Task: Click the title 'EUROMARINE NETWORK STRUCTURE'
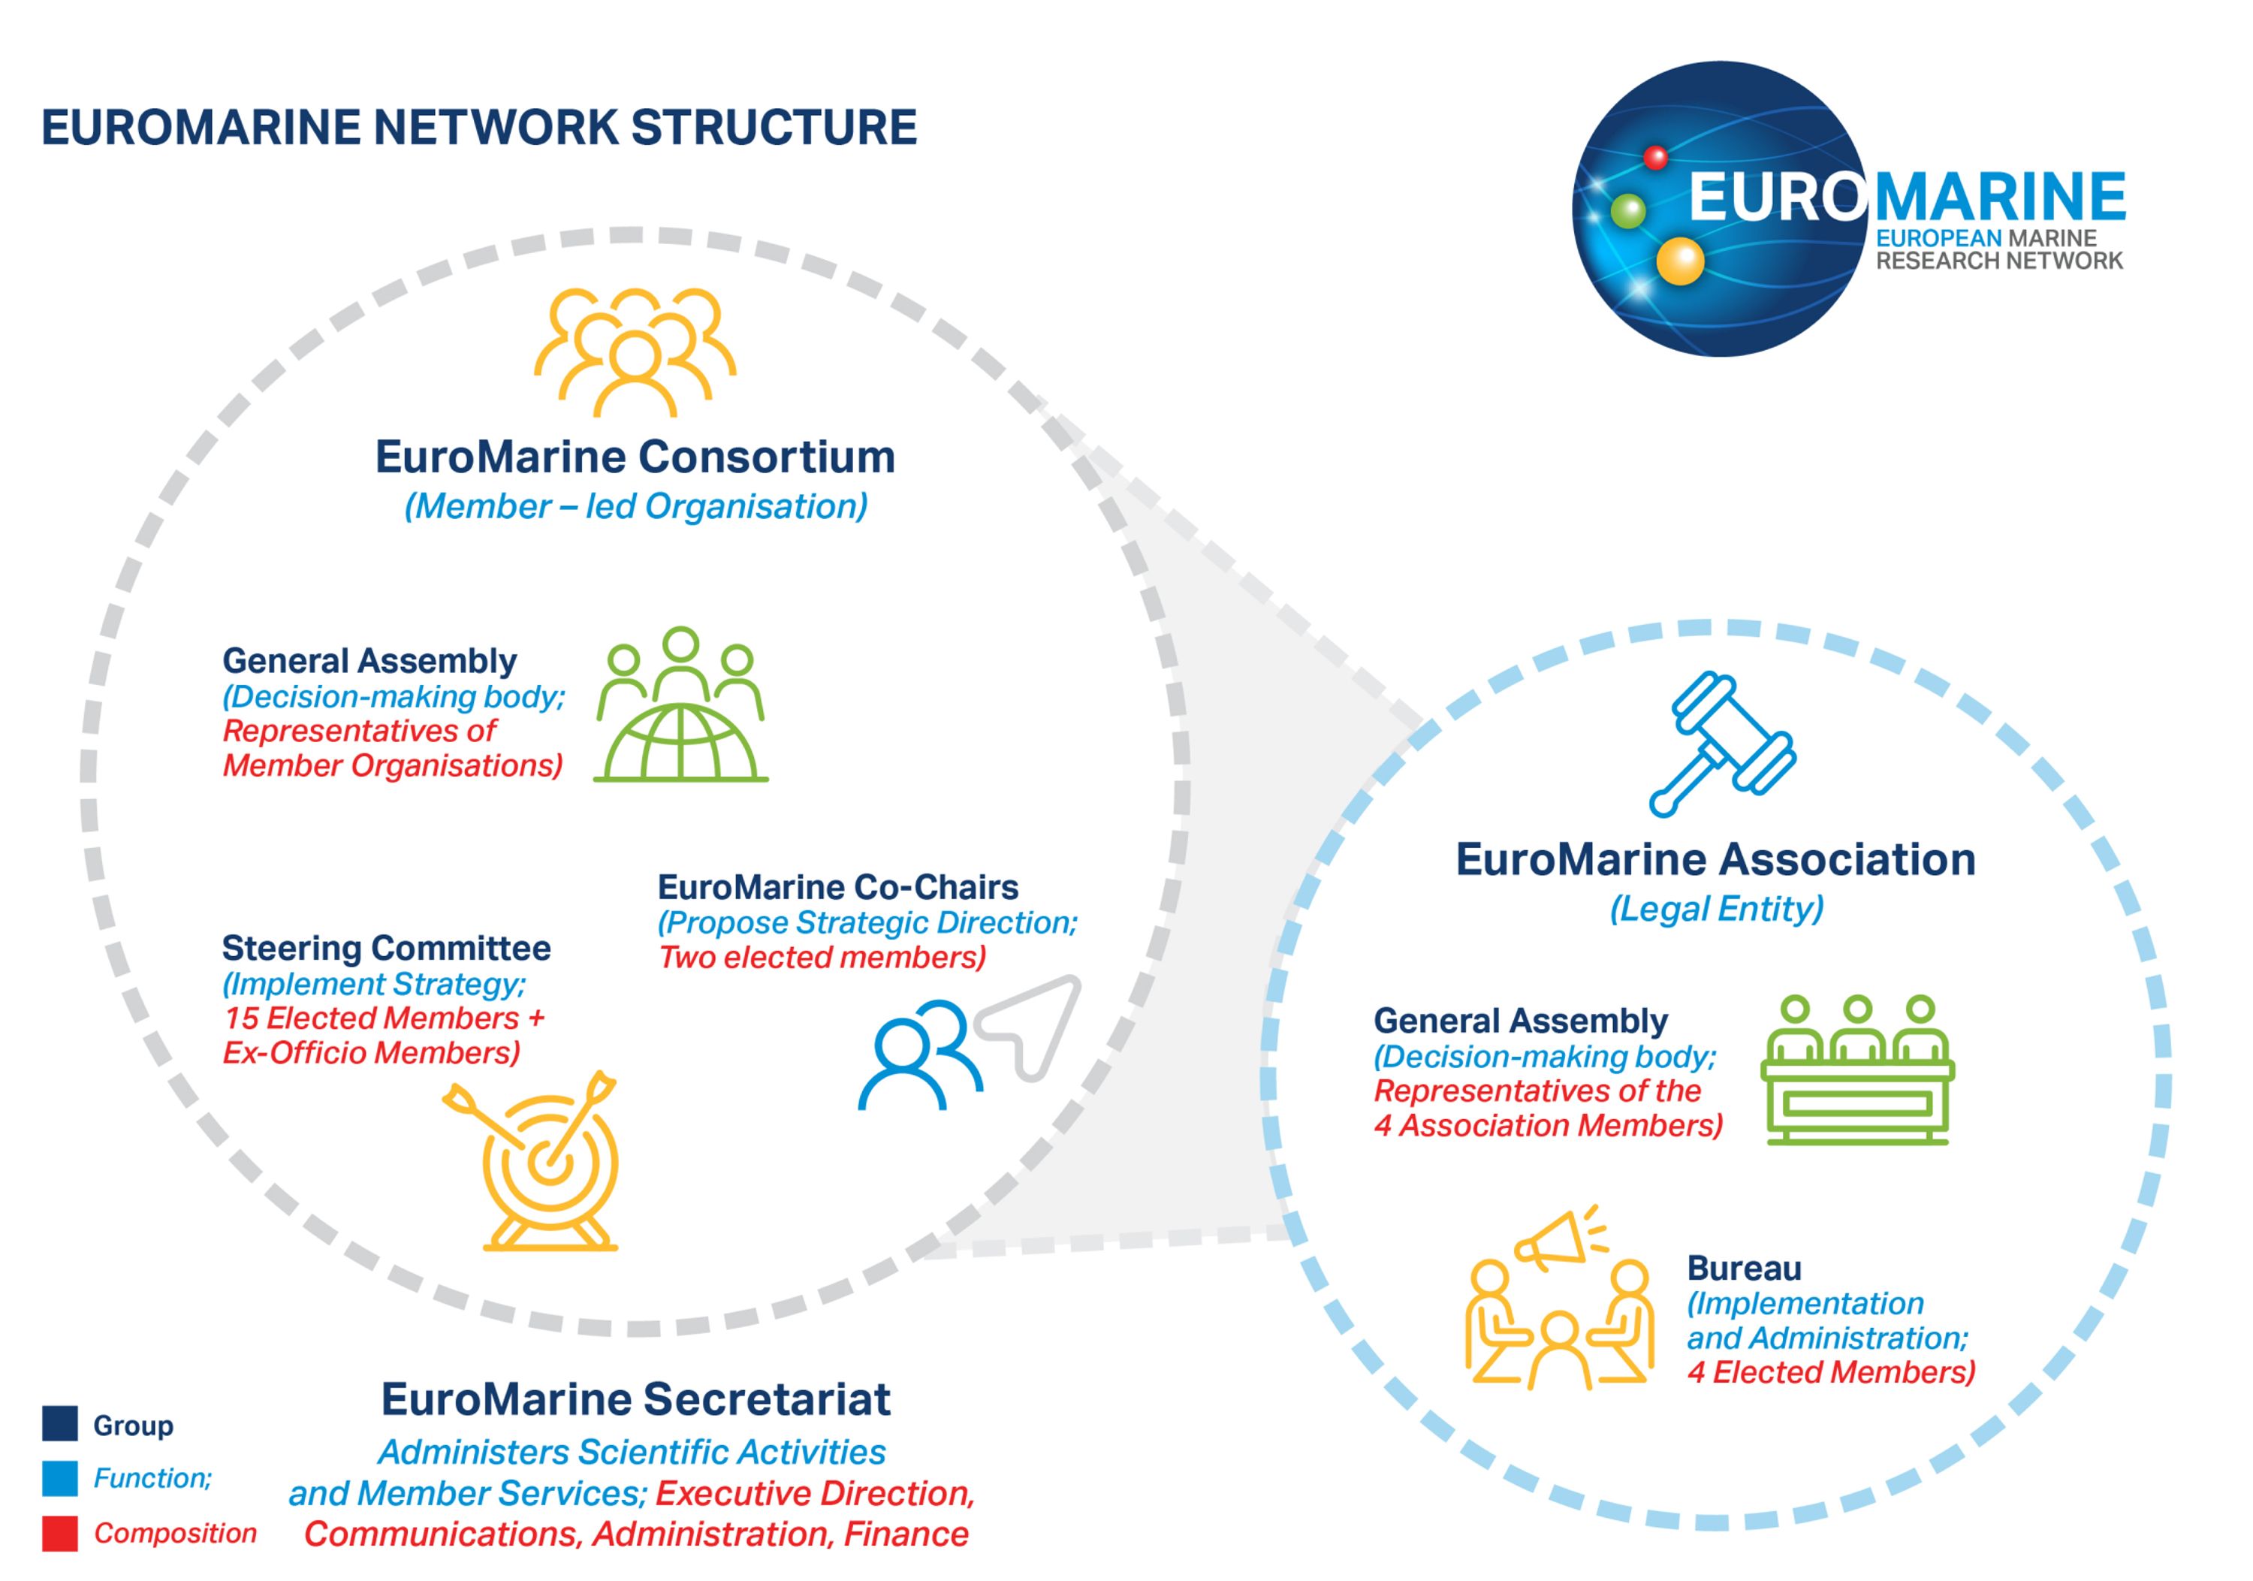point(479,128)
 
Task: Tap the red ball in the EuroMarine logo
point(1655,157)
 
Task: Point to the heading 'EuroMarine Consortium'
point(635,457)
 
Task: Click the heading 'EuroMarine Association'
point(1715,860)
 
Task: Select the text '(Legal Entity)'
point(1716,909)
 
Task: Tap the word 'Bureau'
point(1744,1268)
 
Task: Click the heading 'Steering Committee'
point(386,948)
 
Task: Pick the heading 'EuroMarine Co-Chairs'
point(838,887)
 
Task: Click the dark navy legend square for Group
point(60,1423)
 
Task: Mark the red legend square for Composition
point(60,1533)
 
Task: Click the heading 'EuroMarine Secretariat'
point(636,1399)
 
